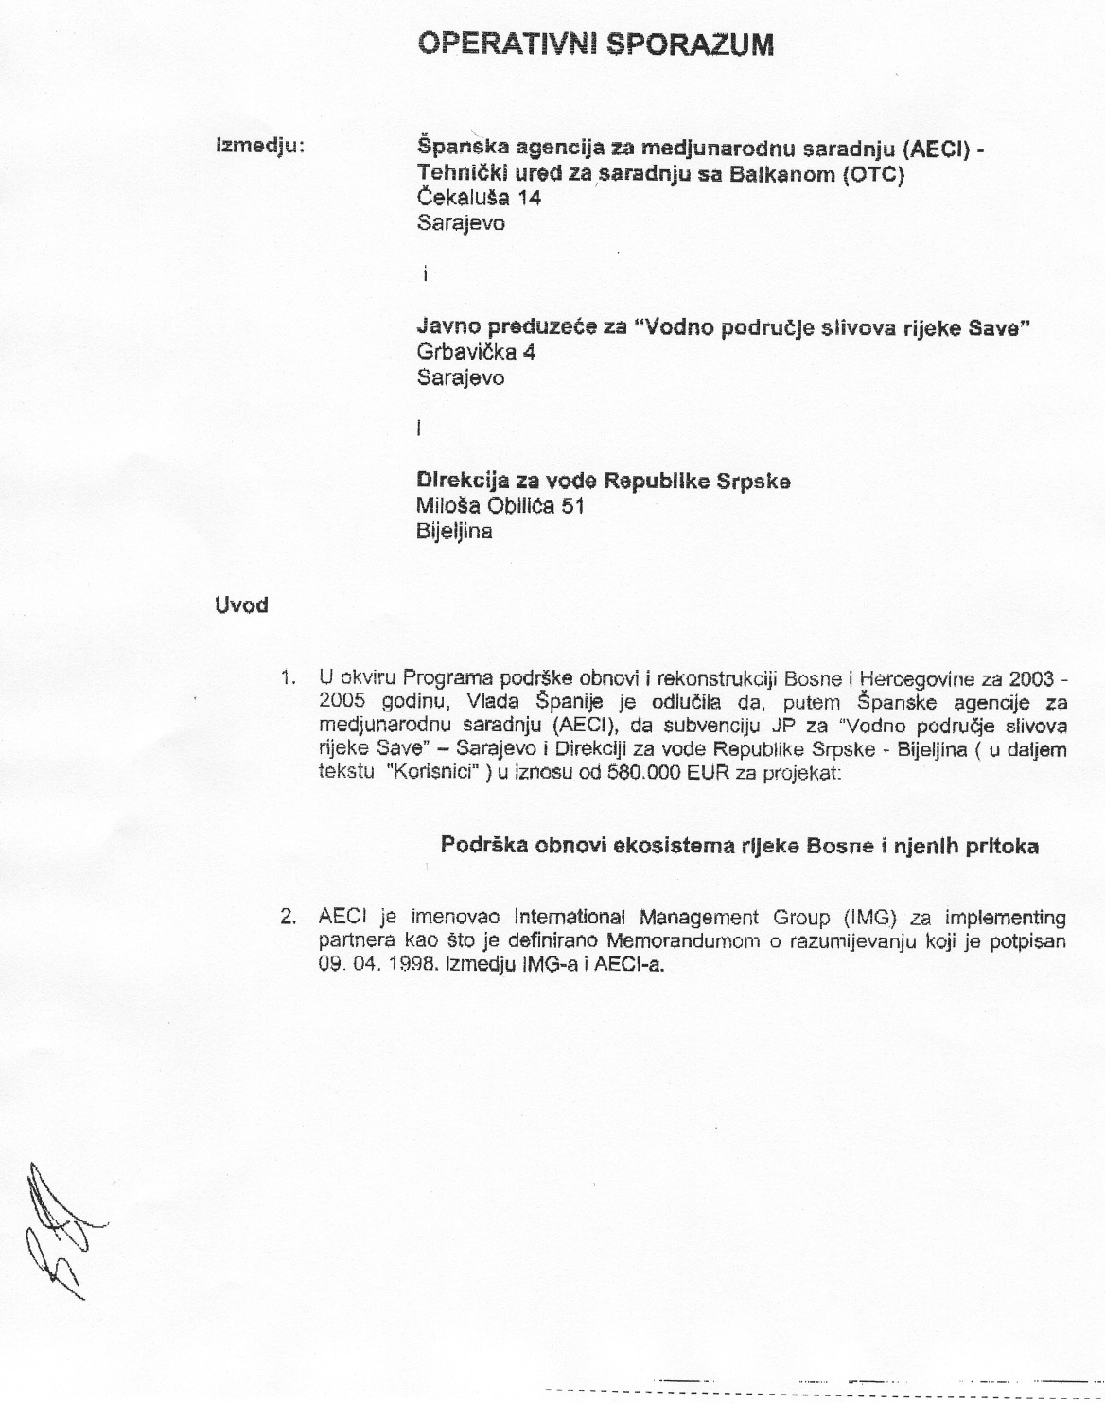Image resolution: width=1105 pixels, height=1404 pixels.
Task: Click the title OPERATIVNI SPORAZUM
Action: point(596,44)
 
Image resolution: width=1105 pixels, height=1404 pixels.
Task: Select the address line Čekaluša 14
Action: point(479,198)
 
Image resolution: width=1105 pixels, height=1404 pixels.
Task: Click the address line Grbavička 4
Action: point(477,352)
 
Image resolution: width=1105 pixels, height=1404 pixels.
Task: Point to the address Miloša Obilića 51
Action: point(500,506)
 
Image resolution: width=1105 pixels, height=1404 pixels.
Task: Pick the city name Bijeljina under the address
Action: point(454,531)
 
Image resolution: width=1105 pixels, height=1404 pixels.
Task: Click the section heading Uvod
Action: point(241,605)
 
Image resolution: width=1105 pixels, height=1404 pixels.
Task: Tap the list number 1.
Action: point(288,678)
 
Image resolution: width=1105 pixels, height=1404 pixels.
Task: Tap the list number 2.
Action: point(288,918)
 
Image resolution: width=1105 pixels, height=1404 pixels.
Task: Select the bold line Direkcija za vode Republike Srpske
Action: point(604,481)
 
